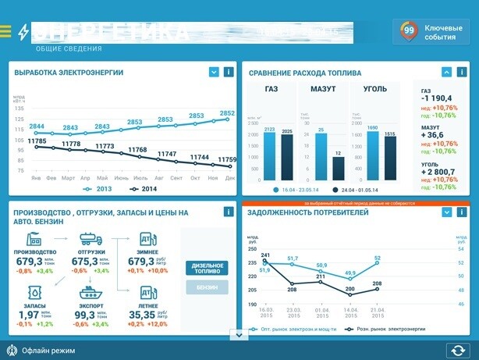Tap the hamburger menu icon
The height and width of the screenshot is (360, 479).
click(x=6, y=31)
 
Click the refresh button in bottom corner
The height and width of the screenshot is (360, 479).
click(x=457, y=351)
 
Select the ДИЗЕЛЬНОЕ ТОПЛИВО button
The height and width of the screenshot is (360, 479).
click(x=208, y=269)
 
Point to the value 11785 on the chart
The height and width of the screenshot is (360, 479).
click(x=37, y=141)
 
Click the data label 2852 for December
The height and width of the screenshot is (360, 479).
click(x=227, y=114)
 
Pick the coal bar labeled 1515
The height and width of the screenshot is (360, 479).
click(x=390, y=157)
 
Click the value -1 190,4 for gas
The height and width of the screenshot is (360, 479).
click(x=438, y=98)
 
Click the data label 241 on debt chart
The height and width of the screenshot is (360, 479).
click(x=266, y=255)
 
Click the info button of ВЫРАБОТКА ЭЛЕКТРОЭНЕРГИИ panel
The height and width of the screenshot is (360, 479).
click(x=228, y=73)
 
